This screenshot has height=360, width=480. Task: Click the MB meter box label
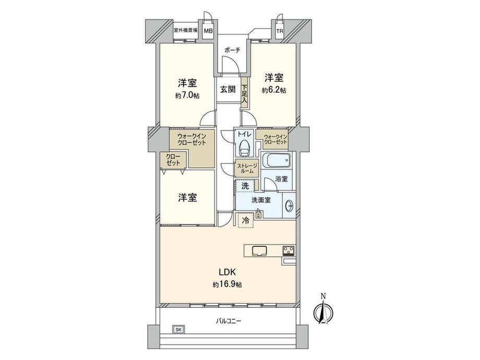coord(209,31)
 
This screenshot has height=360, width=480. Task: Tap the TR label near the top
coord(280,31)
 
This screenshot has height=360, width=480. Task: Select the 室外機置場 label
coord(185,30)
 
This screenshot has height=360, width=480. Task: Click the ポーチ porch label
coord(232,50)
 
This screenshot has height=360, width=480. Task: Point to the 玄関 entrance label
coord(228,89)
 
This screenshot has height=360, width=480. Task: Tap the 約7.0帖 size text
coord(187,95)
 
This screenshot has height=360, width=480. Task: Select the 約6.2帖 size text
coord(274,90)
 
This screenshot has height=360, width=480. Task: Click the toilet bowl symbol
coord(245,149)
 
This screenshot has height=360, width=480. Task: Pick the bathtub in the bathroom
coord(276,160)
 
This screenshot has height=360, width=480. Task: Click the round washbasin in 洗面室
coord(289,206)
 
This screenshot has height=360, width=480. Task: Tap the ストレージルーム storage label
coord(246,169)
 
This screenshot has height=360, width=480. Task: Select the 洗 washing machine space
coord(245,186)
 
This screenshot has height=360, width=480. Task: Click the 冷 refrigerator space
coord(246,220)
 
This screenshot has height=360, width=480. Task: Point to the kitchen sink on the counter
coord(260,251)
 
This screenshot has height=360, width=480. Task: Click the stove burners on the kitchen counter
coord(289,250)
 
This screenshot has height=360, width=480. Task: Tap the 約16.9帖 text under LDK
coord(227,285)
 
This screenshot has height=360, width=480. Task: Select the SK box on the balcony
coord(179,330)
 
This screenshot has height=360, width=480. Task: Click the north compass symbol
coord(323,311)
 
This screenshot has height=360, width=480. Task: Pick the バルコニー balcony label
coord(229,321)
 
